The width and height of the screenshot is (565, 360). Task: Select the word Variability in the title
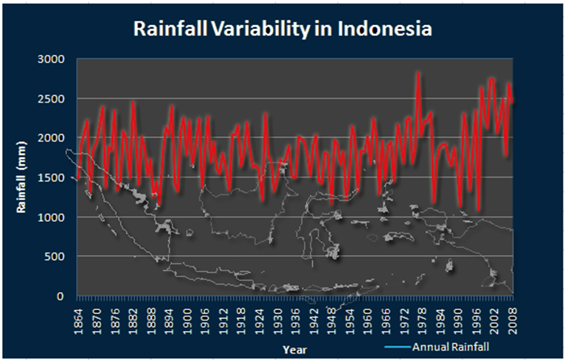tap(259, 29)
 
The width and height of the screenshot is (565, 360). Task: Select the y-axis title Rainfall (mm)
tap(25, 178)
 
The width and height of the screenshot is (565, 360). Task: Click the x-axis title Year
tap(294, 349)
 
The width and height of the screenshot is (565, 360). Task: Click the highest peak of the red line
tap(418, 73)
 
